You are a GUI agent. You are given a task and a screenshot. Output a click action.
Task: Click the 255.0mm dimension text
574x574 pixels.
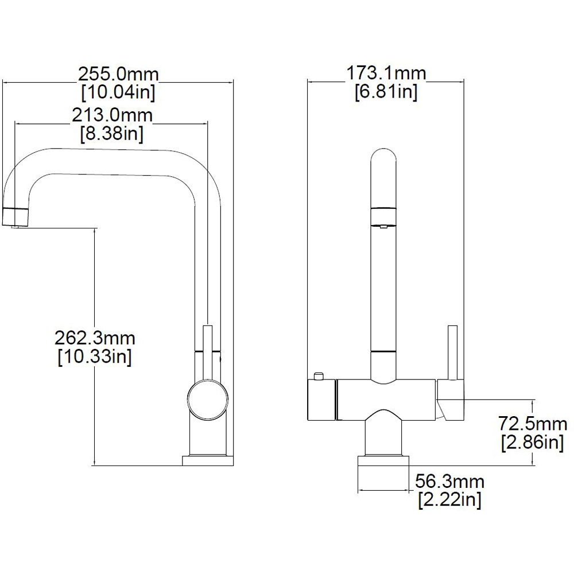pos(118,74)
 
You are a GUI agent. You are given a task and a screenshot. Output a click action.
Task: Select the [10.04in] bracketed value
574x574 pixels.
pos(118,92)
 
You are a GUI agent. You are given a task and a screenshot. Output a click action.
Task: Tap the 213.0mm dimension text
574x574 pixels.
pos(112,115)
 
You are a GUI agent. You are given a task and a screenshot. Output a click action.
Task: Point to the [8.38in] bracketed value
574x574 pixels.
pos(112,133)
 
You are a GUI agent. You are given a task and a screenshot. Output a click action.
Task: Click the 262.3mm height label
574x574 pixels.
pos(95,338)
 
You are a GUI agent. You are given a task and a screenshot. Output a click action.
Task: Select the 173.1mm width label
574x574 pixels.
pos(386,73)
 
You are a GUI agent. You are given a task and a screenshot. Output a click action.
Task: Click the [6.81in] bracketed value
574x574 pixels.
pos(386,91)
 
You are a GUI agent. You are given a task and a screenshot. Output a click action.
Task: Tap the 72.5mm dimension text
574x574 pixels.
pos(533,424)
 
